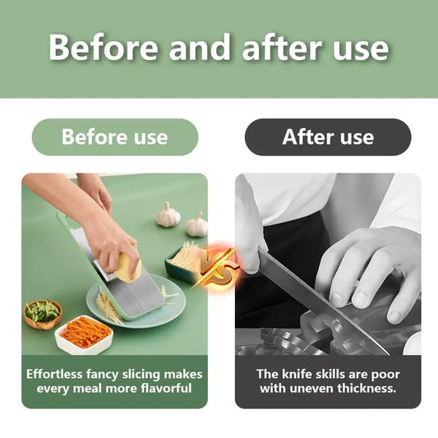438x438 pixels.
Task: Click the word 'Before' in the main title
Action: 104,47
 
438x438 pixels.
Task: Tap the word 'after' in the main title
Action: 282,47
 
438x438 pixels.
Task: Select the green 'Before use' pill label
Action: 115,137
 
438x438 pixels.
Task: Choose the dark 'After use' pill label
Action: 328,137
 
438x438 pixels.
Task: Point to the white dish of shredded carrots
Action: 84,334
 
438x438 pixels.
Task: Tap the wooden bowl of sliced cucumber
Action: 43,314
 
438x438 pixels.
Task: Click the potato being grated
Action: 128,267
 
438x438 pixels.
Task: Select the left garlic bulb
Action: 168,214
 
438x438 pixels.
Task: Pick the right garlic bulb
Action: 197,225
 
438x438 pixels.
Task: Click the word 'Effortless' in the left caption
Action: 54,374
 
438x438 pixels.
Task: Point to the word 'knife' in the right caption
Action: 295,374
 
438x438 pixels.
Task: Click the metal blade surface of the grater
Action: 134,296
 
